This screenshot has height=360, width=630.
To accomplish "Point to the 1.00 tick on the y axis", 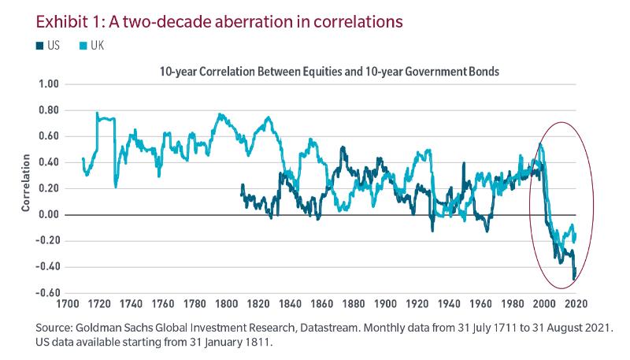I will click(x=49, y=84).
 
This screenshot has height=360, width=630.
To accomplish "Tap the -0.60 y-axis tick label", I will click(x=47, y=293).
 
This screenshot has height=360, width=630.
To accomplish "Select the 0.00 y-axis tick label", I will click(x=49, y=214).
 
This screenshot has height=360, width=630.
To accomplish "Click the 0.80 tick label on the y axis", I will click(x=49, y=109).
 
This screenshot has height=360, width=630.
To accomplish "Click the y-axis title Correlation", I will click(x=26, y=188).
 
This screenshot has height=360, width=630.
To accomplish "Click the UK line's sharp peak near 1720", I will click(x=98, y=113).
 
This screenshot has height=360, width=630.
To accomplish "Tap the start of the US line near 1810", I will click(x=241, y=186).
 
